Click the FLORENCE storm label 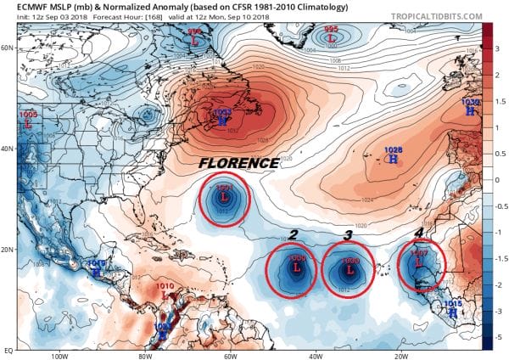(238, 162)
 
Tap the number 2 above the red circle (293, 235)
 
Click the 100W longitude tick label (59, 356)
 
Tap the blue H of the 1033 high (222, 121)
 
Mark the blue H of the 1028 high (392, 159)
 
